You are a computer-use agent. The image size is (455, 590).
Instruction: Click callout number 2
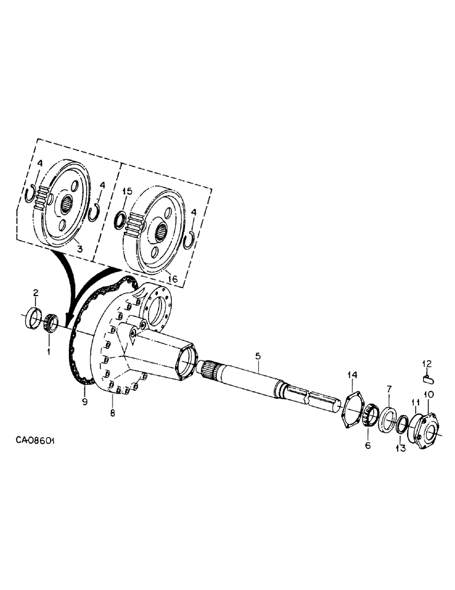tap(35, 293)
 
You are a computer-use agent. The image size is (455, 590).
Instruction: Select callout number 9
tap(84, 401)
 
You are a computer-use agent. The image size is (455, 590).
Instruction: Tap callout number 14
tap(352, 375)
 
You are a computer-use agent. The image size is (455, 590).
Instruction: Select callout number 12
tap(428, 362)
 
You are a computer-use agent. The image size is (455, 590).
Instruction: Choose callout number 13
tap(401, 448)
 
